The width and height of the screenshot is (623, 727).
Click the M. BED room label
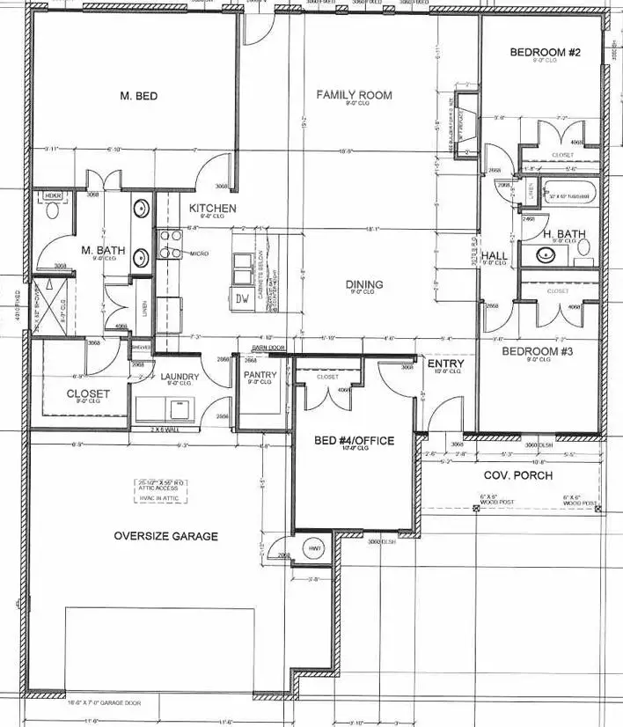[138, 96]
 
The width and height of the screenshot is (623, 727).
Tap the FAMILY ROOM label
[355, 95]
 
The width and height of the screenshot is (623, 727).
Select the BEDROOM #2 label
[546, 53]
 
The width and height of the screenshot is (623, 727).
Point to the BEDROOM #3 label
[538, 352]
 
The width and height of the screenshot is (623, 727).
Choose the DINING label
[363, 284]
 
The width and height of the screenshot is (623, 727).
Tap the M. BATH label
[104, 251]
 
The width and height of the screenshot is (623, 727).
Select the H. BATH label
[564, 234]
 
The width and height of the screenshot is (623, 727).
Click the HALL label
[494, 256]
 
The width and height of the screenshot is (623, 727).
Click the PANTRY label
[260, 376]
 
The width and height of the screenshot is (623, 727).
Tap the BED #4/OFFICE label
[354, 440]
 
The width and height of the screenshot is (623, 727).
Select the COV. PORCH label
[518, 475]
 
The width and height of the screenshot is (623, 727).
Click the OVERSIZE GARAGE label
[166, 536]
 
